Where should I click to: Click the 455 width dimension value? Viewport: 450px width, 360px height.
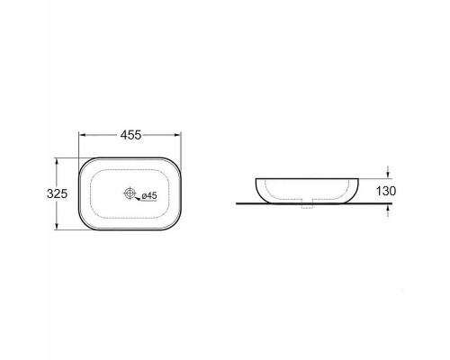pyautogui.click(x=130, y=135)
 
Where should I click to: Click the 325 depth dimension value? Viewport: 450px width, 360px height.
pyautogui.click(x=57, y=193)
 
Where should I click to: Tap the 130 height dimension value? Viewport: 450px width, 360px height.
pyautogui.click(x=386, y=191)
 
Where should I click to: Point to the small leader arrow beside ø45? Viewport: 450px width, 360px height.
pyautogui.click(x=138, y=198)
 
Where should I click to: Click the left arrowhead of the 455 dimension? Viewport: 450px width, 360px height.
pyautogui.click(x=82, y=135)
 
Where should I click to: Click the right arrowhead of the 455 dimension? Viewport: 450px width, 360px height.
pyautogui.click(x=178, y=135)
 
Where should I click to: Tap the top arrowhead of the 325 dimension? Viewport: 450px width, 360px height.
pyautogui.click(x=56, y=162)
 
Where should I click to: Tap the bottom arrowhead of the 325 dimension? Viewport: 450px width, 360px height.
pyautogui.click(x=56, y=226)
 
